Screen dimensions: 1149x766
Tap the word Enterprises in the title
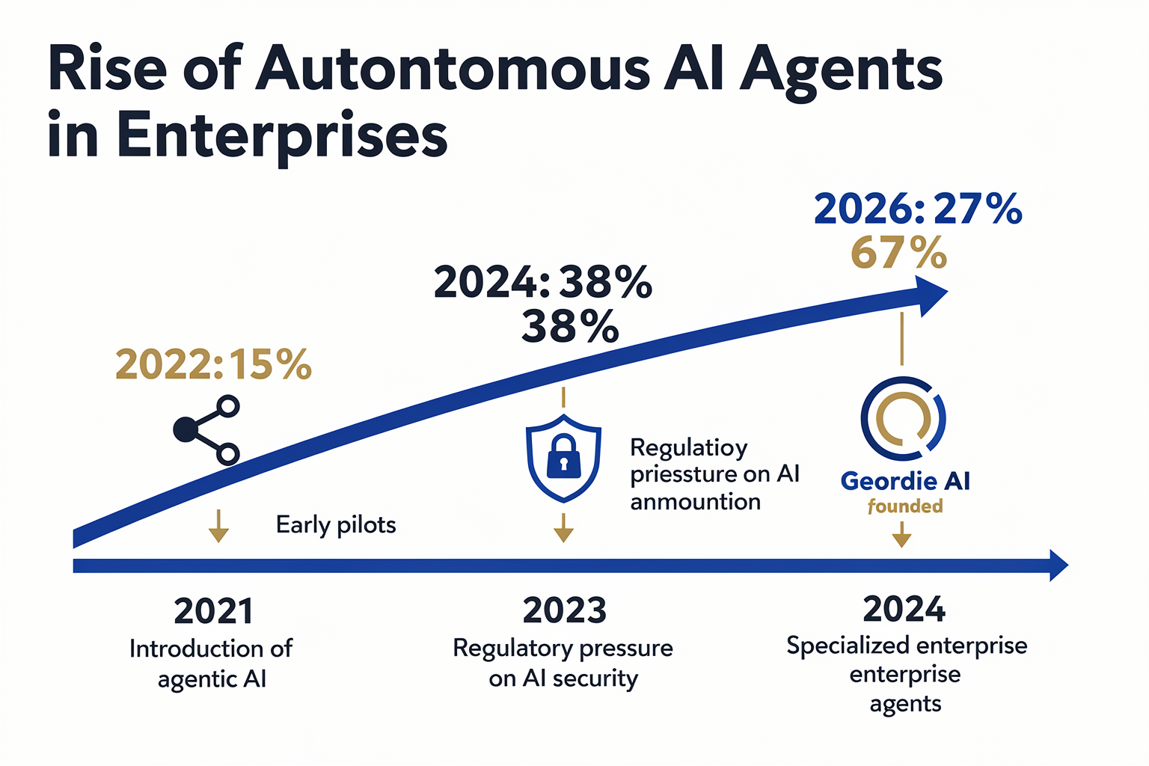click(281, 137)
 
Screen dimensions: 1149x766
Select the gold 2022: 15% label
click(213, 364)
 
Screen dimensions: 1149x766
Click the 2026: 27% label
click(918, 209)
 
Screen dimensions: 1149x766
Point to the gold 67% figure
click(898, 253)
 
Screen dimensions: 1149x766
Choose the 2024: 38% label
click(542, 282)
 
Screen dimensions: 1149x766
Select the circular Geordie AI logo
click(904, 419)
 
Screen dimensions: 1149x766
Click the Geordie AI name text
click(905, 481)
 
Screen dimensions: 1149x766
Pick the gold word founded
click(905, 506)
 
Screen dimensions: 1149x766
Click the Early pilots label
click(336, 525)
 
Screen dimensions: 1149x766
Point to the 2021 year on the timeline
click(213, 611)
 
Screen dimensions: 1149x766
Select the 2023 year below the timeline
click(564, 610)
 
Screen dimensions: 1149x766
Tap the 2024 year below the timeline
click(904, 609)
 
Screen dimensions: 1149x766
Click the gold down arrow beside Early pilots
click(218, 526)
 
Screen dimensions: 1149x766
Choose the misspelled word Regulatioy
click(688, 448)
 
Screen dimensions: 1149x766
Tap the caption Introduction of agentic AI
click(212, 664)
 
